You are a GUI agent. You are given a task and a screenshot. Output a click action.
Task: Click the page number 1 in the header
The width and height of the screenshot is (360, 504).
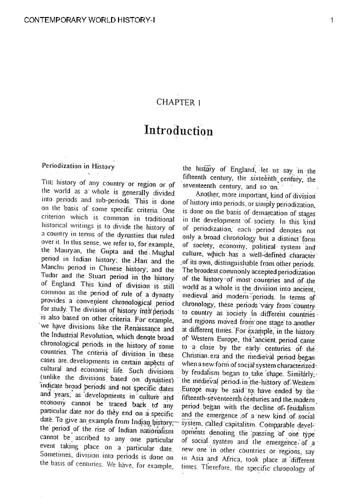332,20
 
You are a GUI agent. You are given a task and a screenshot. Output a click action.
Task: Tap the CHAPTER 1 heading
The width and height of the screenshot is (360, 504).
178,102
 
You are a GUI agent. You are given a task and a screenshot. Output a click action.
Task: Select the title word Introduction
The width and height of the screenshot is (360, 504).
178,131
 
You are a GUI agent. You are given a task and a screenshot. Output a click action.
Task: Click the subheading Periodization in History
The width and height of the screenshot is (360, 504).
78,166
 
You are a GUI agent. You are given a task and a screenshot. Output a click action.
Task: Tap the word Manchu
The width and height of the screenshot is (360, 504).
53,268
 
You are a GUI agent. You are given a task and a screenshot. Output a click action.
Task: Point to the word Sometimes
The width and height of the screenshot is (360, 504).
59,456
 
